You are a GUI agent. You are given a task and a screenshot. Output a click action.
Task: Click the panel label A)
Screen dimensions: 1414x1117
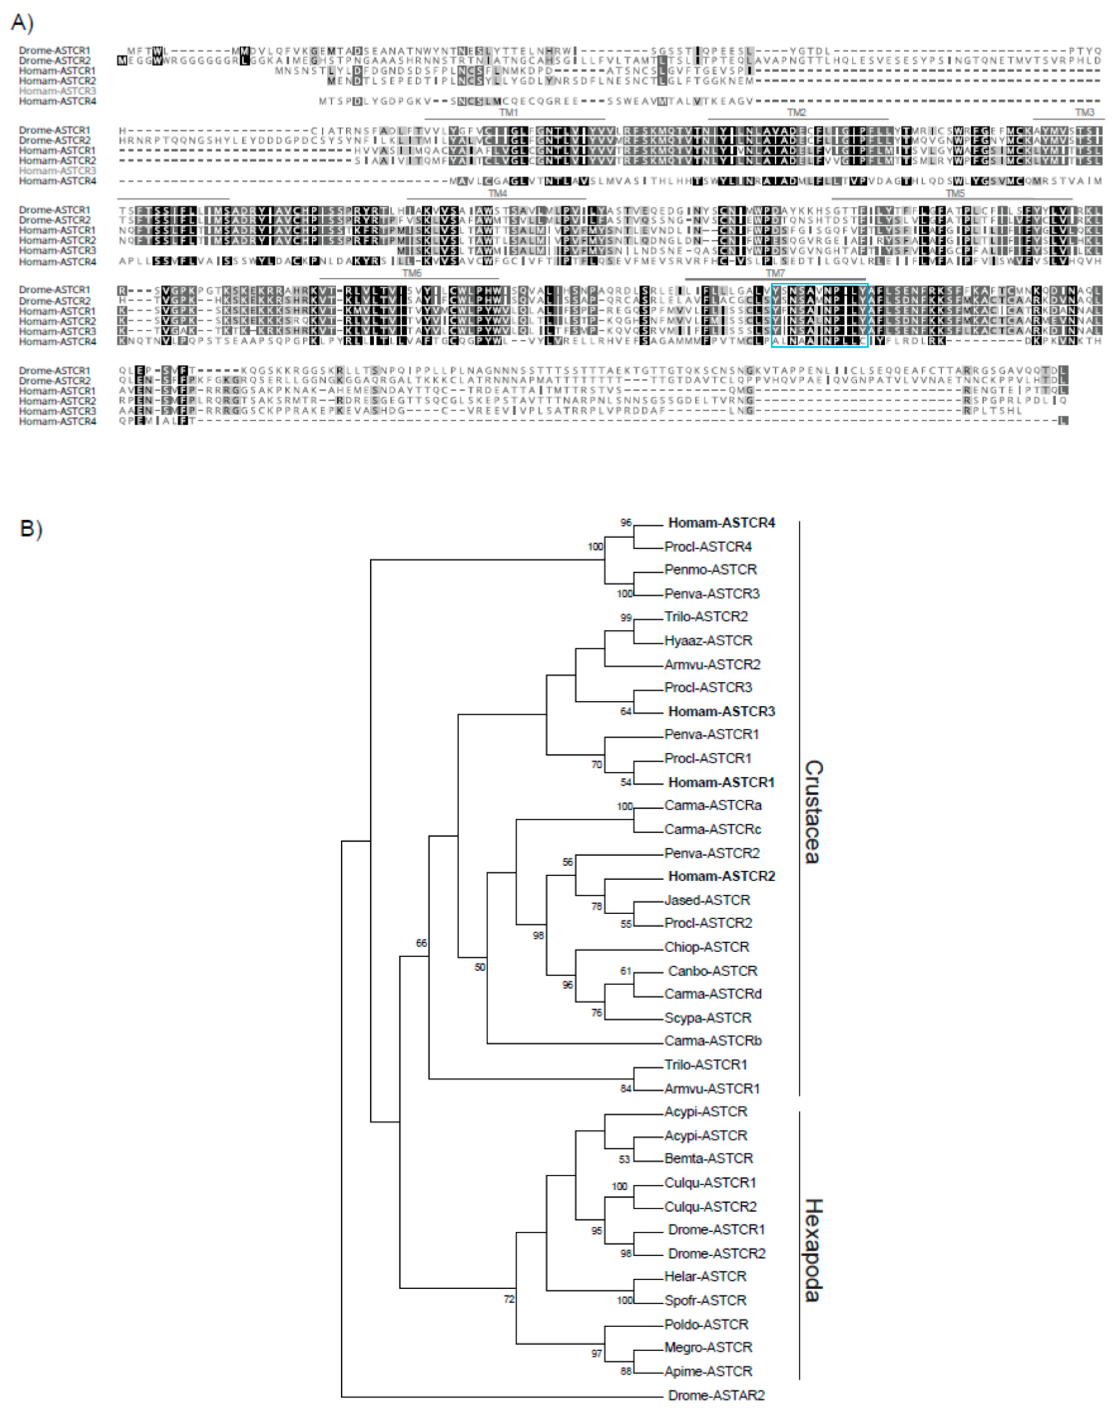coord(22,23)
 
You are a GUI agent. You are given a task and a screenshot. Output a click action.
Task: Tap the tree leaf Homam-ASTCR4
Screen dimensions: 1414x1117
coord(721,523)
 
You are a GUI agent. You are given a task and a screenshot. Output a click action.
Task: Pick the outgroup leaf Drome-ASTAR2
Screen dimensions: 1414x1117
coord(716,1395)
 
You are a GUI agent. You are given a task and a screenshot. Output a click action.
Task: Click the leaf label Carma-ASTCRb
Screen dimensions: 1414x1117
coord(713,1040)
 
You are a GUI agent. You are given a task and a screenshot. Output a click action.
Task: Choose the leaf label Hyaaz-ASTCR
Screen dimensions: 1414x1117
coord(708,640)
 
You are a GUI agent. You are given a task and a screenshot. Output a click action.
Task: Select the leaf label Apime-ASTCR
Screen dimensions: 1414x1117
coord(708,1371)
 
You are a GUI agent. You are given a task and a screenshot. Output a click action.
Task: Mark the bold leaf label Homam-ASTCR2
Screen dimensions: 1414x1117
coord(721,876)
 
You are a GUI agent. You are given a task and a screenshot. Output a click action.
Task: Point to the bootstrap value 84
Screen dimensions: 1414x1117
coord(626,1089)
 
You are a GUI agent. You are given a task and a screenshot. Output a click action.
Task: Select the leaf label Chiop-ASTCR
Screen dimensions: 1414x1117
coord(707,947)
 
